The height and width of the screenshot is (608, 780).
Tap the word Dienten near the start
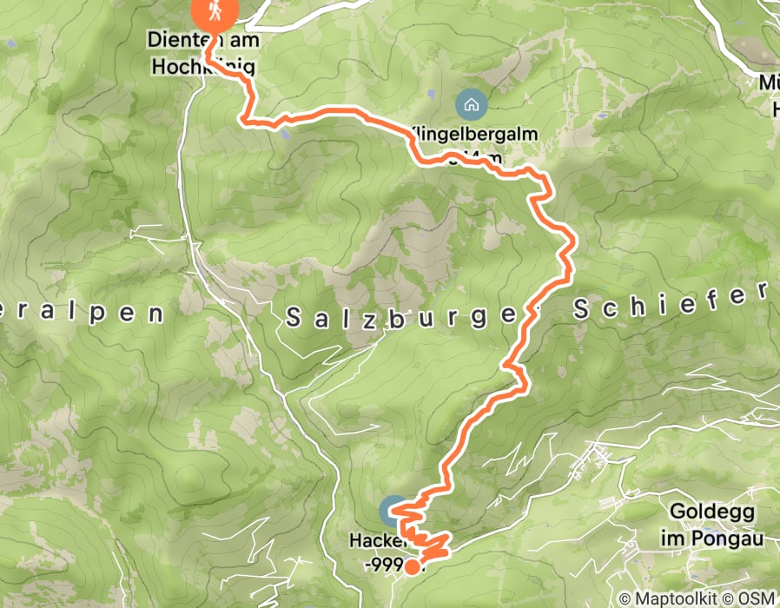coord(177,41)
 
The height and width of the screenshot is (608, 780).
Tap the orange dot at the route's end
coord(411,568)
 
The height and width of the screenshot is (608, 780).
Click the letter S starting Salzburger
coord(292,319)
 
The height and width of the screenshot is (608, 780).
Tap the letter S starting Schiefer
coord(578,308)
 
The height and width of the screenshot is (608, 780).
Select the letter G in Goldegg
coord(677,512)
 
